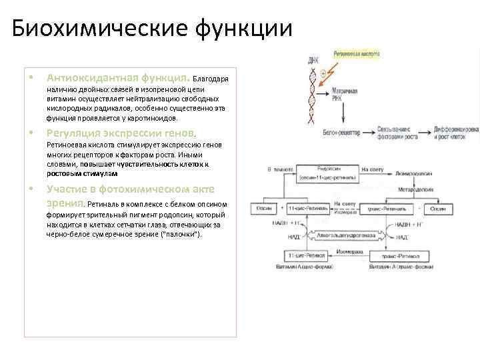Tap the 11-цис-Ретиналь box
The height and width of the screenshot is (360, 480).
coord(304,209)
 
